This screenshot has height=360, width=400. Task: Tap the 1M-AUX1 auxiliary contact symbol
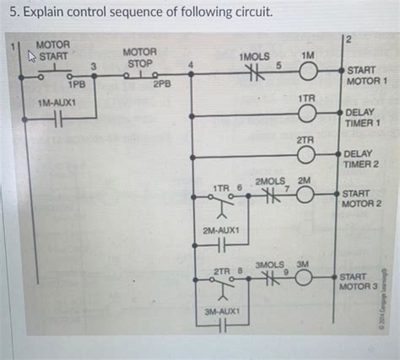(x=55, y=119)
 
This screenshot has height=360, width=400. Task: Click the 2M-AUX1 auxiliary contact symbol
(x=221, y=245)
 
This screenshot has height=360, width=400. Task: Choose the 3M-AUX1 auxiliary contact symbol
(x=221, y=327)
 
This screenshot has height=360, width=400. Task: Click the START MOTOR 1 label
(x=367, y=77)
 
